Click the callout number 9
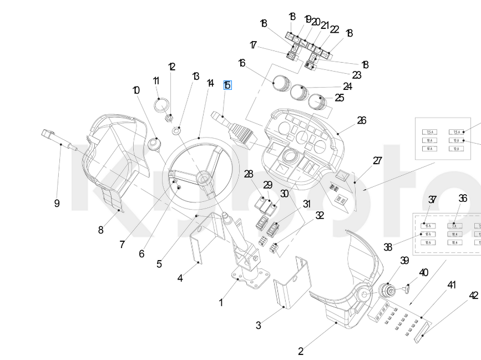(57, 204)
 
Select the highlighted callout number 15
(227, 85)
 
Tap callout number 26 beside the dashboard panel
(362, 120)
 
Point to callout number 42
(473, 296)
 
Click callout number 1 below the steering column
(221, 302)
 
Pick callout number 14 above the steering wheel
(210, 83)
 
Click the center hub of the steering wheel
(203, 179)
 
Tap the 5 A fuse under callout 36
(454, 226)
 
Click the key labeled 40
(408, 288)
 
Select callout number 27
(377, 161)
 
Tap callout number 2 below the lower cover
(301, 351)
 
